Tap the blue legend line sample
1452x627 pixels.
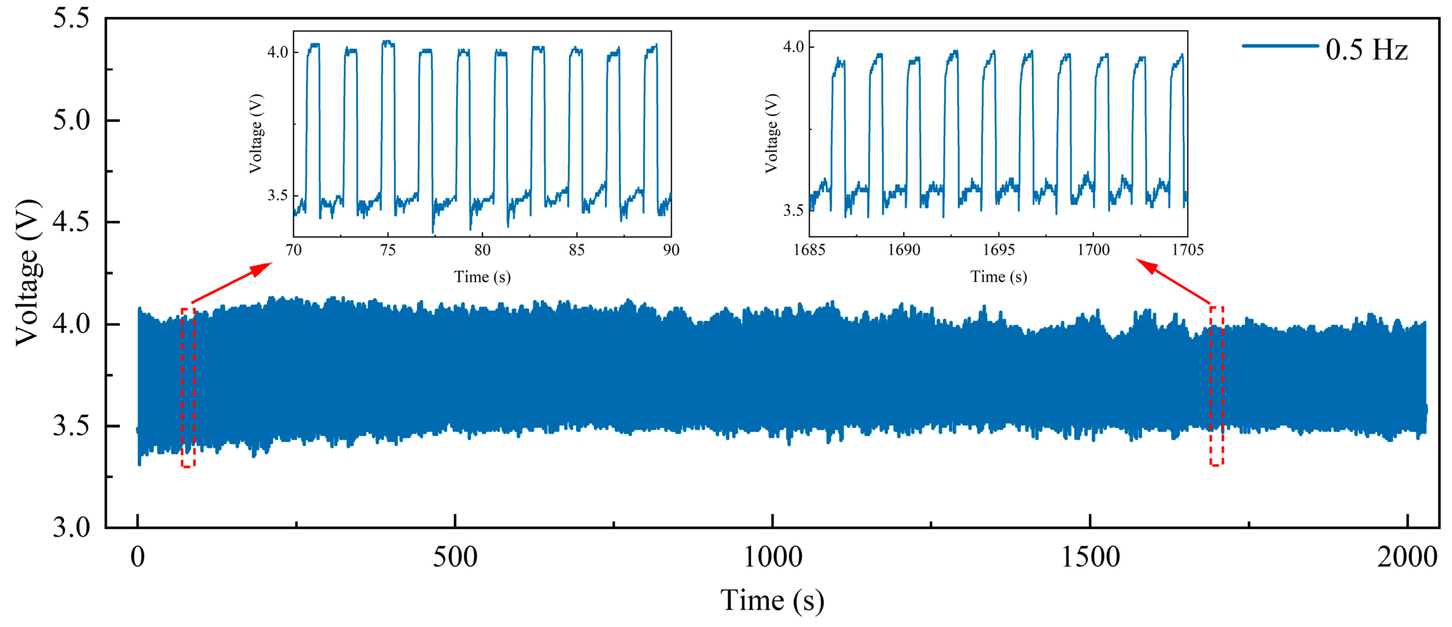click(1280, 45)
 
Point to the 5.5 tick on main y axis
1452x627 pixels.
click(71, 18)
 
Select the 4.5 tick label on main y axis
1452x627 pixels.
click(71, 222)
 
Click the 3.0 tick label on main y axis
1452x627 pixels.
click(71, 528)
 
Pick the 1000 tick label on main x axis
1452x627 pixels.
click(772, 557)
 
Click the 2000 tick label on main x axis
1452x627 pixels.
click(1407, 557)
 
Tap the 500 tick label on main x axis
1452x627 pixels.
click(455, 557)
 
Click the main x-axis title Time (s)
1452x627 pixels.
click(772, 600)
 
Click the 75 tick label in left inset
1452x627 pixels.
click(388, 250)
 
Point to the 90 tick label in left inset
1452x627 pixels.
click(671, 250)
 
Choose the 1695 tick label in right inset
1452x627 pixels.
click(998, 250)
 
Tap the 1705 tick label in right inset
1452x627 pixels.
click(1188, 250)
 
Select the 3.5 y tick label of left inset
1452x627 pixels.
click(278, 195)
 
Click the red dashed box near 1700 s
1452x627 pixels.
click(1217, 386)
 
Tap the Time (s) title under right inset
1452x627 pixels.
click(998, 277)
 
